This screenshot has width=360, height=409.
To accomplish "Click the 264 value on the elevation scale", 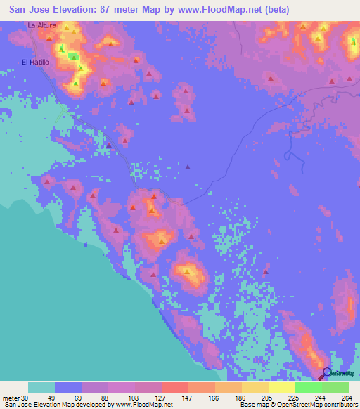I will click(345, 397).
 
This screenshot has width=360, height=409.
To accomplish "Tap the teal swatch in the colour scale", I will click(41, 387).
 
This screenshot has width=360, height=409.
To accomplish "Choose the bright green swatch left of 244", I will click(308, 387).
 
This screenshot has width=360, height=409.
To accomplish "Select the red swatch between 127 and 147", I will click(174, 387).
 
